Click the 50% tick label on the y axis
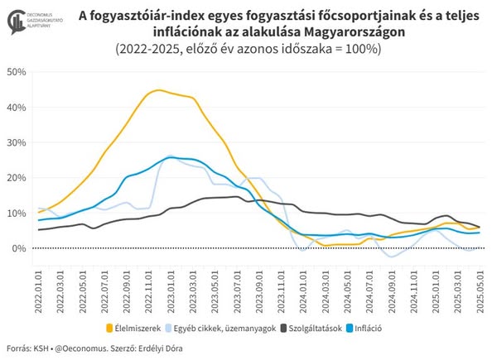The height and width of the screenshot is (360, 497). pos(17,71)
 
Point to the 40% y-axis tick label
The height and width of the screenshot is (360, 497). pos(17,107)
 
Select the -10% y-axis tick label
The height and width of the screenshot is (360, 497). pos(16,284)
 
